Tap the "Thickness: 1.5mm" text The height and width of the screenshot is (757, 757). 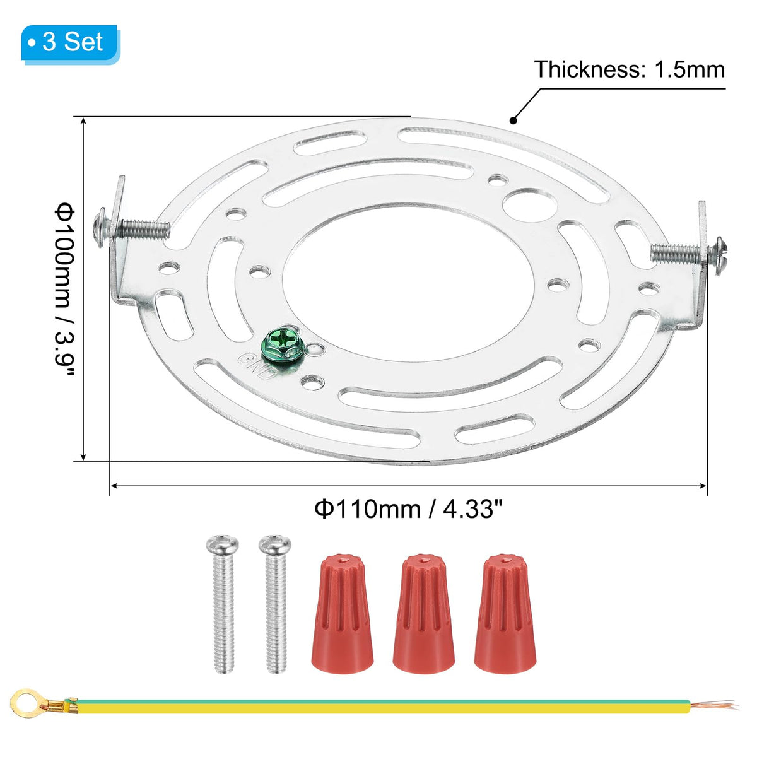tap(629, 69)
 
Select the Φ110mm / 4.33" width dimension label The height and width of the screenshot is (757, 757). tap(409, 510)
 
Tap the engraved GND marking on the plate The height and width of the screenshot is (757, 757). tap(256, 365)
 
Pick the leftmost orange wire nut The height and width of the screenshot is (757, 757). tap(342, 614)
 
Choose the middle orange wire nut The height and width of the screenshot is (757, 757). tap(423, 614)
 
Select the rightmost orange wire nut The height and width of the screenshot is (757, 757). tap(505, 614)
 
